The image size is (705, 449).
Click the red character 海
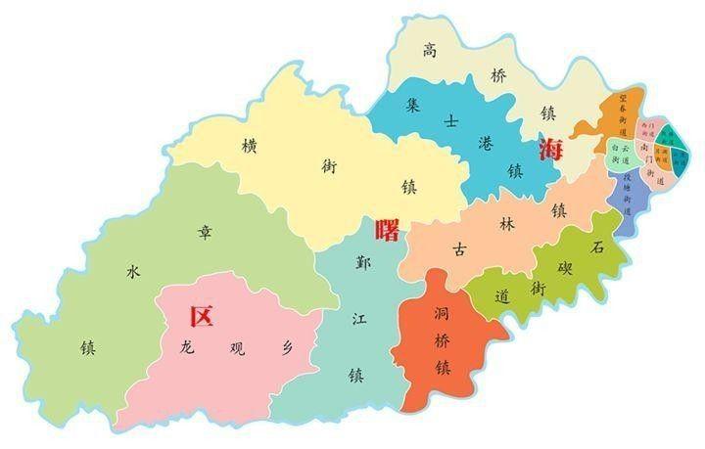coord(551,149)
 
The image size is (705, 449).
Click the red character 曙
coord(388,231)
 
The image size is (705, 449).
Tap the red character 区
coord(201,316)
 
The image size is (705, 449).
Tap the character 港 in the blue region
coord(487,142)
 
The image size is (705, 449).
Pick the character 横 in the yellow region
coord(249,145)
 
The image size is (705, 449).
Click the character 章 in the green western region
coord(205,232)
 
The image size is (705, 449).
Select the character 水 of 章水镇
coord(134,273)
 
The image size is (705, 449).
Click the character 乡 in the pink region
coord(286,346)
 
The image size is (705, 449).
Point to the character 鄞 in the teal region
coord(363,262)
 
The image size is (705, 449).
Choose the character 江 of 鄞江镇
coord(358,317)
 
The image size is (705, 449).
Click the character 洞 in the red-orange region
coord(441,315)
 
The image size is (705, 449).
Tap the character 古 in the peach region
coord(459,248)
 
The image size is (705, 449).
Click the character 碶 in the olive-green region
coord(567,268)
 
